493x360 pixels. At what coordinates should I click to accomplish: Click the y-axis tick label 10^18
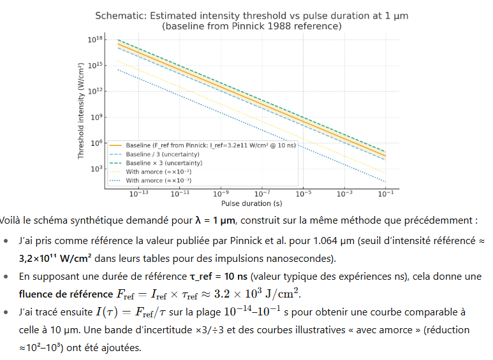coord(95,40)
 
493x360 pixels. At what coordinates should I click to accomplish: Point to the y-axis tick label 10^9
coord(95,117)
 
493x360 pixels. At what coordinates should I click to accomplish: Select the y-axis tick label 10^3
coord(95,169)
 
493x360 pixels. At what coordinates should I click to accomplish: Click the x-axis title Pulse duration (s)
coord(253,204)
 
